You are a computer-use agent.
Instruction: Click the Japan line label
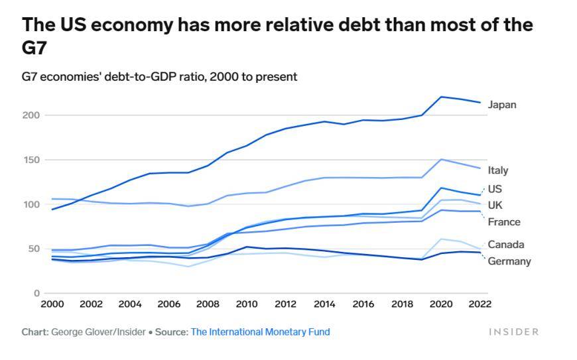[501, 105]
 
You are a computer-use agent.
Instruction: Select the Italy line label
[498, 170]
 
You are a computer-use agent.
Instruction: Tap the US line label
[495, 189]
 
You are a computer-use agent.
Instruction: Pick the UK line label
[495, 206]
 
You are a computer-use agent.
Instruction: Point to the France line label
[503, 222]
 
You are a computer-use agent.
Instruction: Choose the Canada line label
[505, 245]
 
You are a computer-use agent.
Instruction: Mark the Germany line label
[509, 261]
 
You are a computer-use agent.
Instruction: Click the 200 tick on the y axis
[31, 115]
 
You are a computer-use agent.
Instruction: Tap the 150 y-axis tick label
[31, 160]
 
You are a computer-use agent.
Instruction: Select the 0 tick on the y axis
[36, 293]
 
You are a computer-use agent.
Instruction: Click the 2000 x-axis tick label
[52, 304]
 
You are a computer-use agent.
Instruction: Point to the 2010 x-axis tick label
[247, 304]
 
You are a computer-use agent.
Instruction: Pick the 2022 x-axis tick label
[480, 304]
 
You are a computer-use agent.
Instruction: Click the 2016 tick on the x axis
[363, 304]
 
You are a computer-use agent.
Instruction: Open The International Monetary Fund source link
[260, 331]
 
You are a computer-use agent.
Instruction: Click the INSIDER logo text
[514, 331]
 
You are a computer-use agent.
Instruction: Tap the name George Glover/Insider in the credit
[98, 331]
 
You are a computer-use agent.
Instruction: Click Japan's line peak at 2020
[441, 97]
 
